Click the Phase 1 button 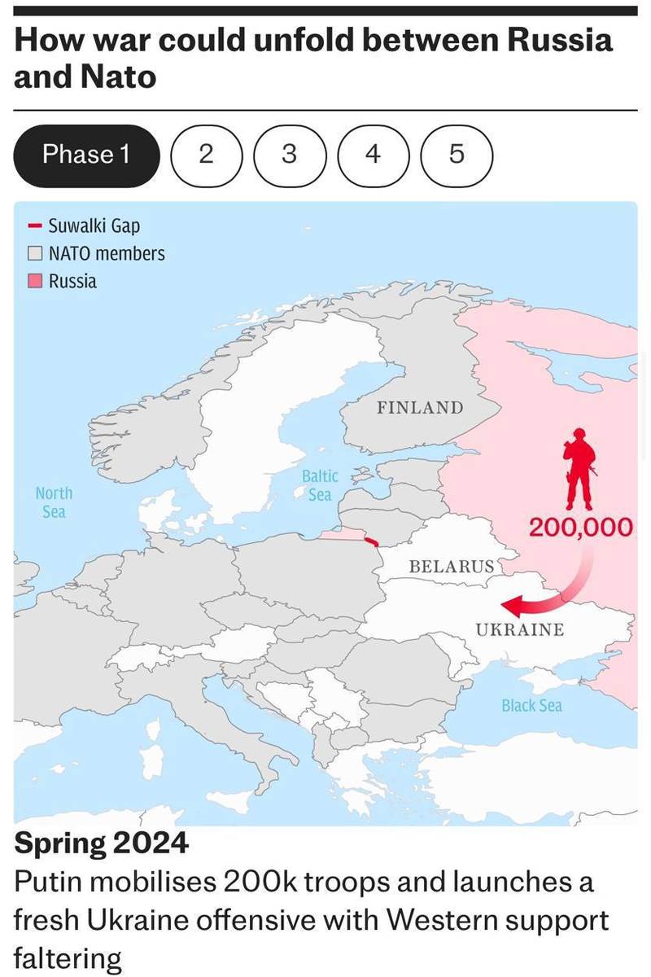point(86,155)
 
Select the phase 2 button point(207,155)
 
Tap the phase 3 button point(290,155)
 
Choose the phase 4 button point(373,155)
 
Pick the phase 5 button point(457,155)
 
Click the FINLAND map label point(419,407)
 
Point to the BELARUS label point(451,565)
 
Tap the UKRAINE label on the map point(519,629)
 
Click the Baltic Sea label point(319,485)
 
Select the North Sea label point(54,502)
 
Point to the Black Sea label point(531,706)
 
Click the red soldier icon point(579,468)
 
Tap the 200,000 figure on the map point(580,528)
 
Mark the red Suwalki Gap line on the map point(372,542)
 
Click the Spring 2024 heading point(102,843)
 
